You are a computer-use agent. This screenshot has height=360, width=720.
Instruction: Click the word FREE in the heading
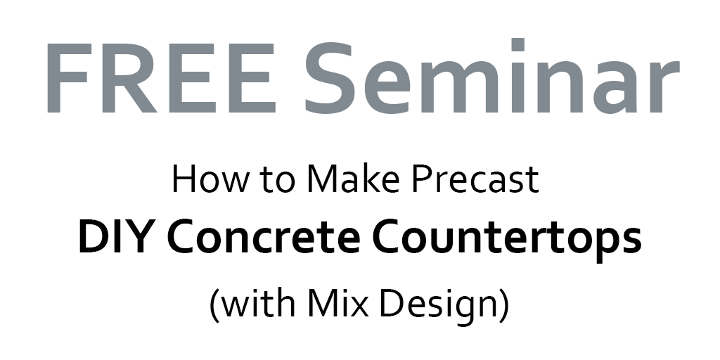[161, 78]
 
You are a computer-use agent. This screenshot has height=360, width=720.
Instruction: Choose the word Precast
[475, 179]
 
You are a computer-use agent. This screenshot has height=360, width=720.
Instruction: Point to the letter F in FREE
[67, 78]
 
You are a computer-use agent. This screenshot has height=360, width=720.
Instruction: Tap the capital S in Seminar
[330, 78]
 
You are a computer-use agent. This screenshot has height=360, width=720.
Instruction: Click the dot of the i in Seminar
[517, 44]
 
